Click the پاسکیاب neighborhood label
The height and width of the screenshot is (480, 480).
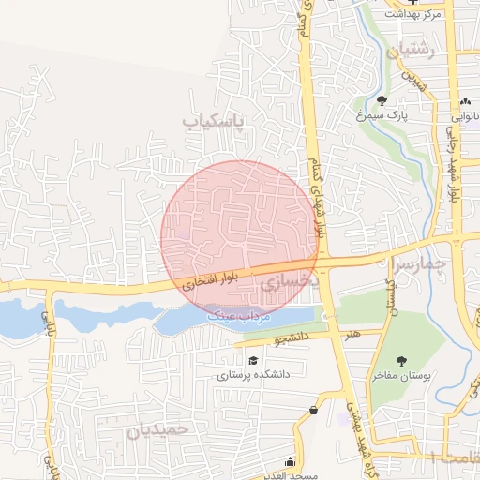pos(212,122)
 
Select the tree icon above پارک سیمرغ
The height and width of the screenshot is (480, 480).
pos(382,100)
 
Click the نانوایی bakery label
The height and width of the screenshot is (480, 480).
pos(466,117)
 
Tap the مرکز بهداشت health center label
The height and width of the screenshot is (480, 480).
pos(412,13)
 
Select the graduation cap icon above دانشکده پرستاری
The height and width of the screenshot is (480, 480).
pos(252,360)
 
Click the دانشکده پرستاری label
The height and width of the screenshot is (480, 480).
pos(254,374)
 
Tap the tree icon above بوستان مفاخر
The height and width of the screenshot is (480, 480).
pos(402,361)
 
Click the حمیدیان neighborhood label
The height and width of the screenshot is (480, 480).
pos(157,430)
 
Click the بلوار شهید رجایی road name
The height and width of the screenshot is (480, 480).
pos(456,169)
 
